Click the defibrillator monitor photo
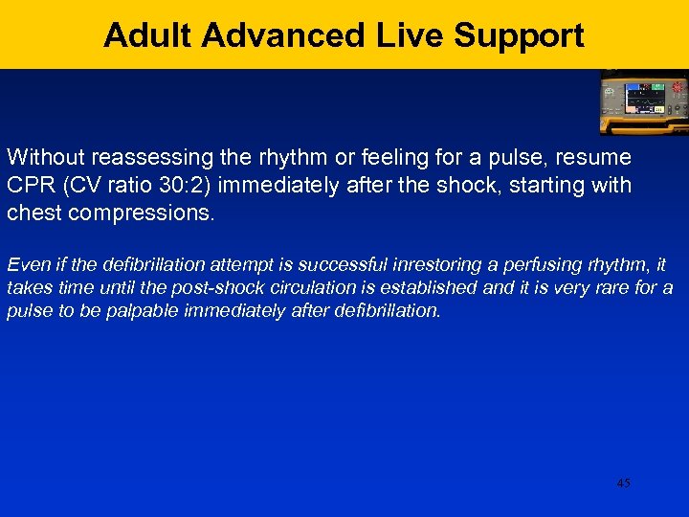643,101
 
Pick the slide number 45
623,483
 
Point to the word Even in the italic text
25,265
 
